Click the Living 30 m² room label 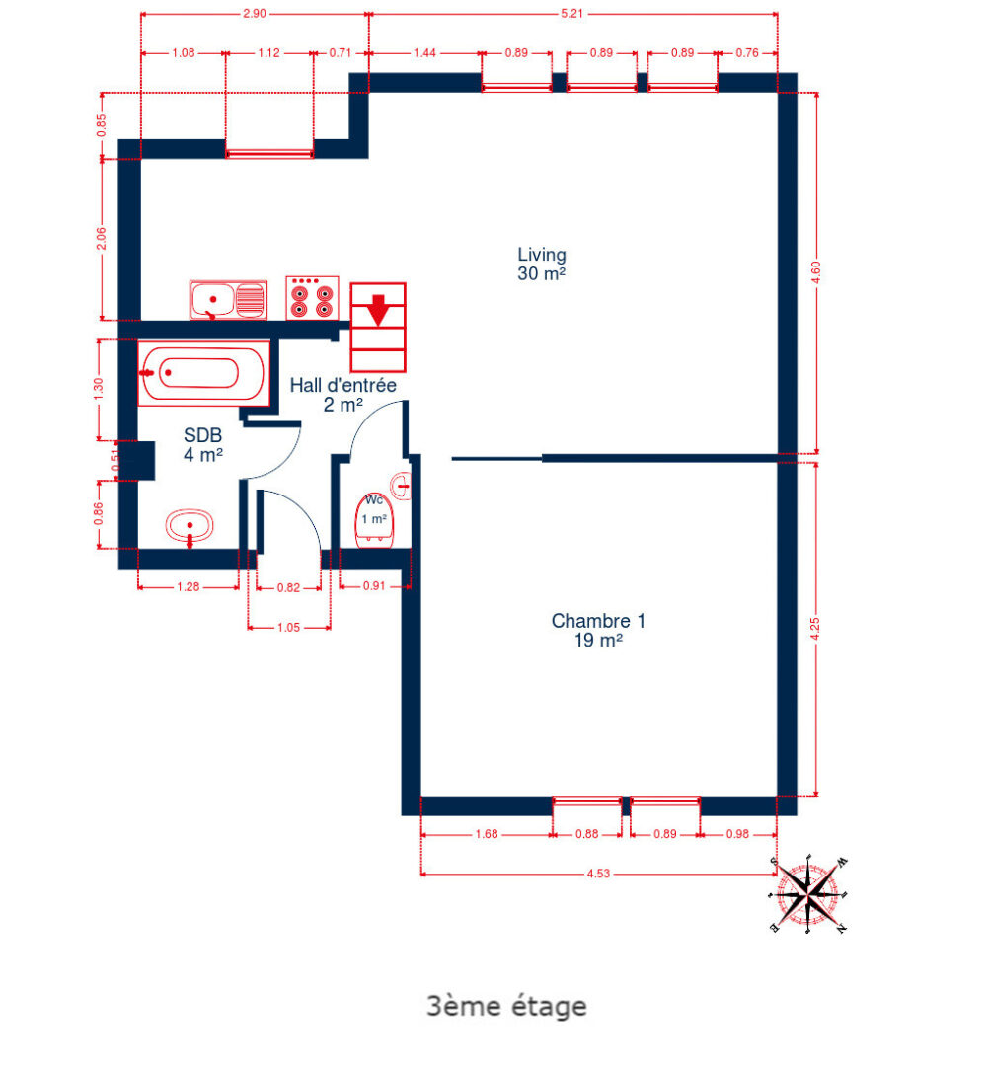click(541, 265)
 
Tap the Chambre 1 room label click(597, 631)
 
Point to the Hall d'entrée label click(342, 394)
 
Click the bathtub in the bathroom click(202, 373)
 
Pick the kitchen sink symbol click(228, 299)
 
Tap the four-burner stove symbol click(312, 297)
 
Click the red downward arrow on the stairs click(377, 309)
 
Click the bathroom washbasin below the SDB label click(190, 526)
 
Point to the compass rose click(808, 894)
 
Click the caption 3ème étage click(506, 1007)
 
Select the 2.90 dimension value click(256, 15)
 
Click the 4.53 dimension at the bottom click(598, 873)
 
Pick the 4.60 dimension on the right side click(815, 273)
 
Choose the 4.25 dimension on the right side click(815, 629)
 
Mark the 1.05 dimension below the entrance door click(288, 626)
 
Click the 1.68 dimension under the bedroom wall click(486, 834)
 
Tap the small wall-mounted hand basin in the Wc click(401, 485)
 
